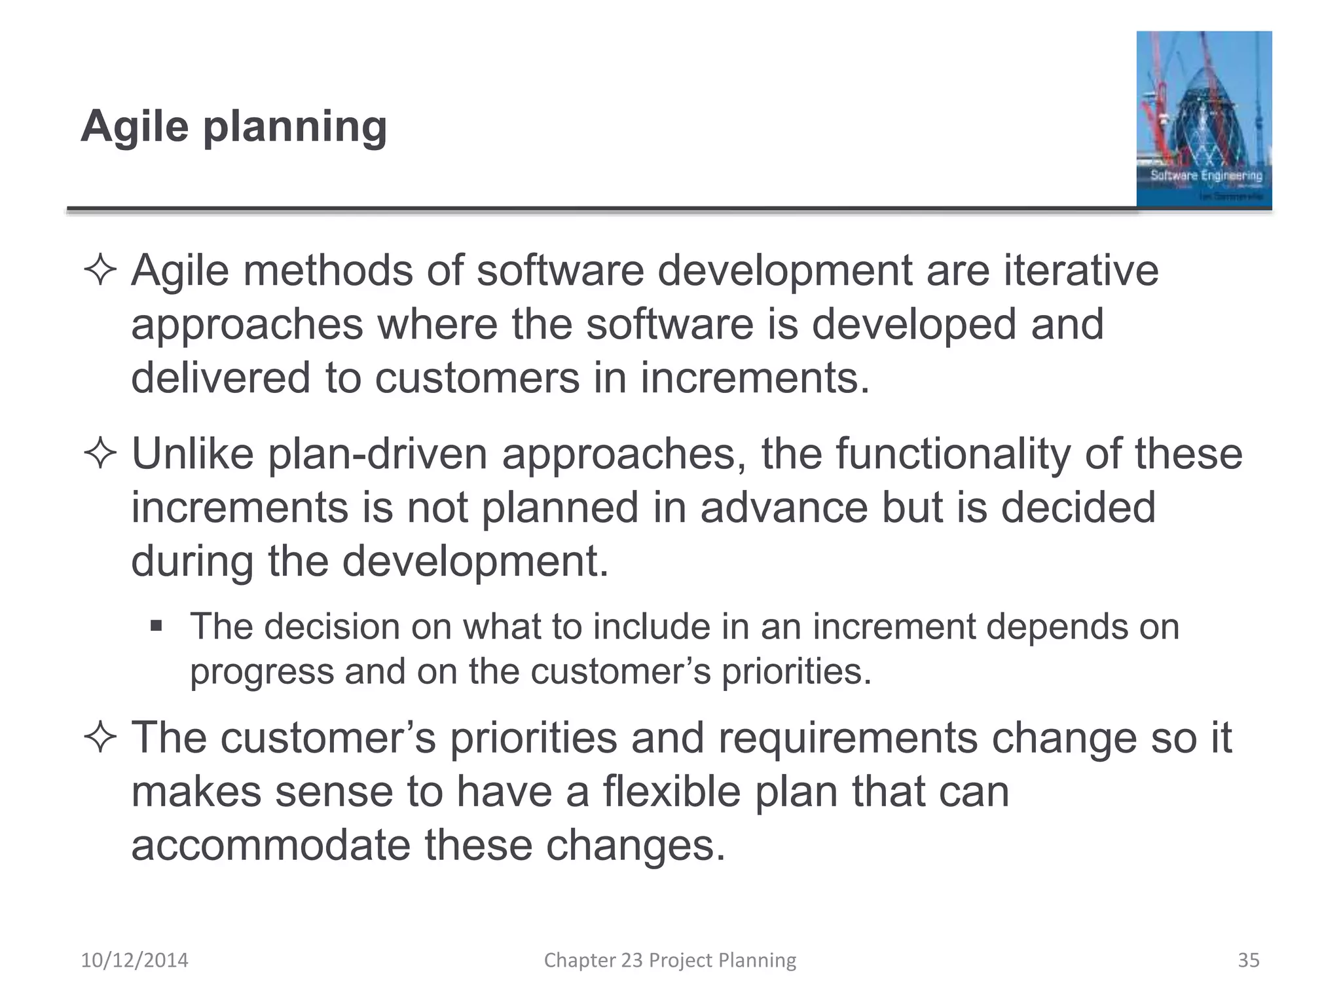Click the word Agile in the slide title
(x=135, y=126)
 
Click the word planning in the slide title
(x=295, y=127)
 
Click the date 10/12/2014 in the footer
(x=134, y=960)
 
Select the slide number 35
(x=1248, y=960)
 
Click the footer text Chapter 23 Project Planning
(x=670, y=960)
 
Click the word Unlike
(x=193, y=453)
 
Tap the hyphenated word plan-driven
(x=378, y=455)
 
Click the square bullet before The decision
(x=156, y=626)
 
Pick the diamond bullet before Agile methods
(x=100, y=271)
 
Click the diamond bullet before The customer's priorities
(x=100, y=738)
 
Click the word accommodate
(x=271, y=845)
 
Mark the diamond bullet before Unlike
(x=100, y=454)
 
